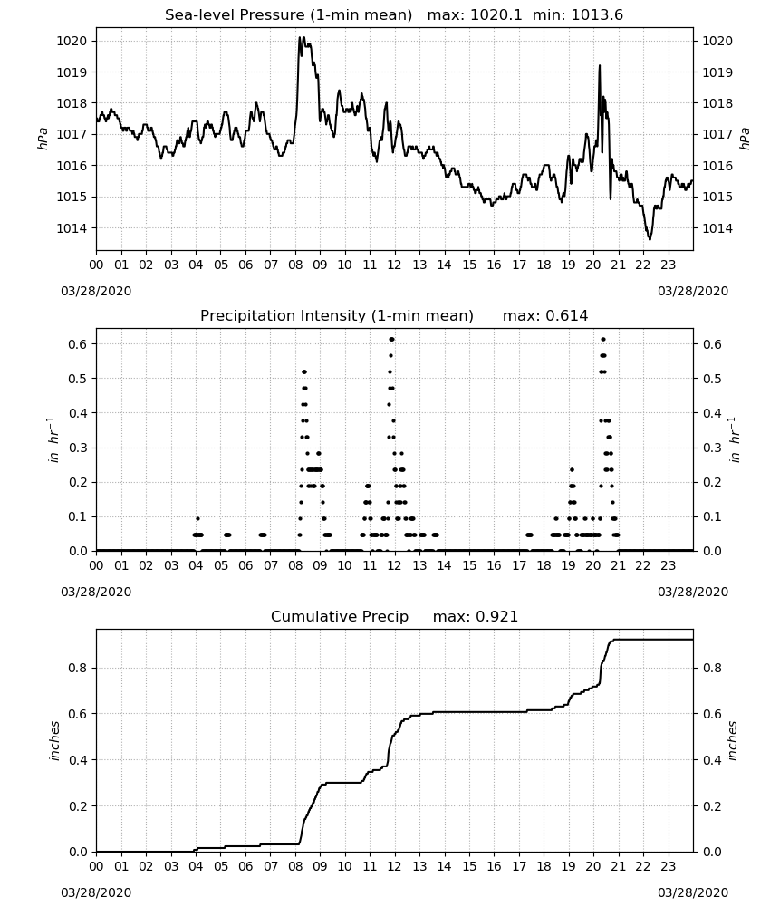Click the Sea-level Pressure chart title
288,15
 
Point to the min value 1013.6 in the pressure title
597,15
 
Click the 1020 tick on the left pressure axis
71,41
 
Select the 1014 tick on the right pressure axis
717,228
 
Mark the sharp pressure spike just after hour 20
600,66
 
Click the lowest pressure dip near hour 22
650,238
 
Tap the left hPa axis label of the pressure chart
43,139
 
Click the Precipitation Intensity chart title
337,316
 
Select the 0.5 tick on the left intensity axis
78,379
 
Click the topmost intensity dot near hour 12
392,339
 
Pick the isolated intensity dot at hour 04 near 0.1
197,519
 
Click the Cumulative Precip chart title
340,616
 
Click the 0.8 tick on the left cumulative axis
78,668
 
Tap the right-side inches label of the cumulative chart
733,741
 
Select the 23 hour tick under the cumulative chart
669,867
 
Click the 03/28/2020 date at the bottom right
693,892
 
